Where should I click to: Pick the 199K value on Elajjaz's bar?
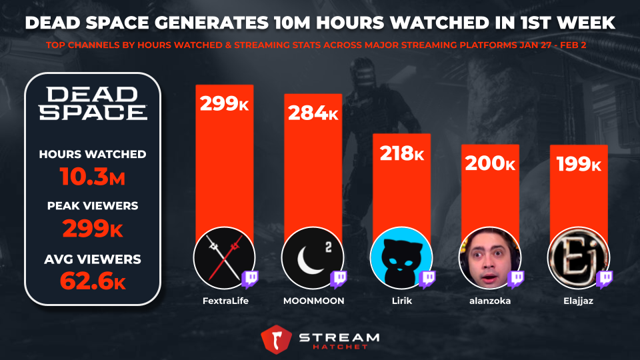point(579,165)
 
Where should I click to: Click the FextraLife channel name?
point(224,301)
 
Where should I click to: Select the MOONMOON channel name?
point(313,301)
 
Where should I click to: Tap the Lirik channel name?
point(401,301)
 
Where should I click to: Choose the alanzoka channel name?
point(491,301)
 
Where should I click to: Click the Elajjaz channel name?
point(579,301)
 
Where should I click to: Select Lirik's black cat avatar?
point(399,257)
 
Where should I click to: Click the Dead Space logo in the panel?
point(93,103)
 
